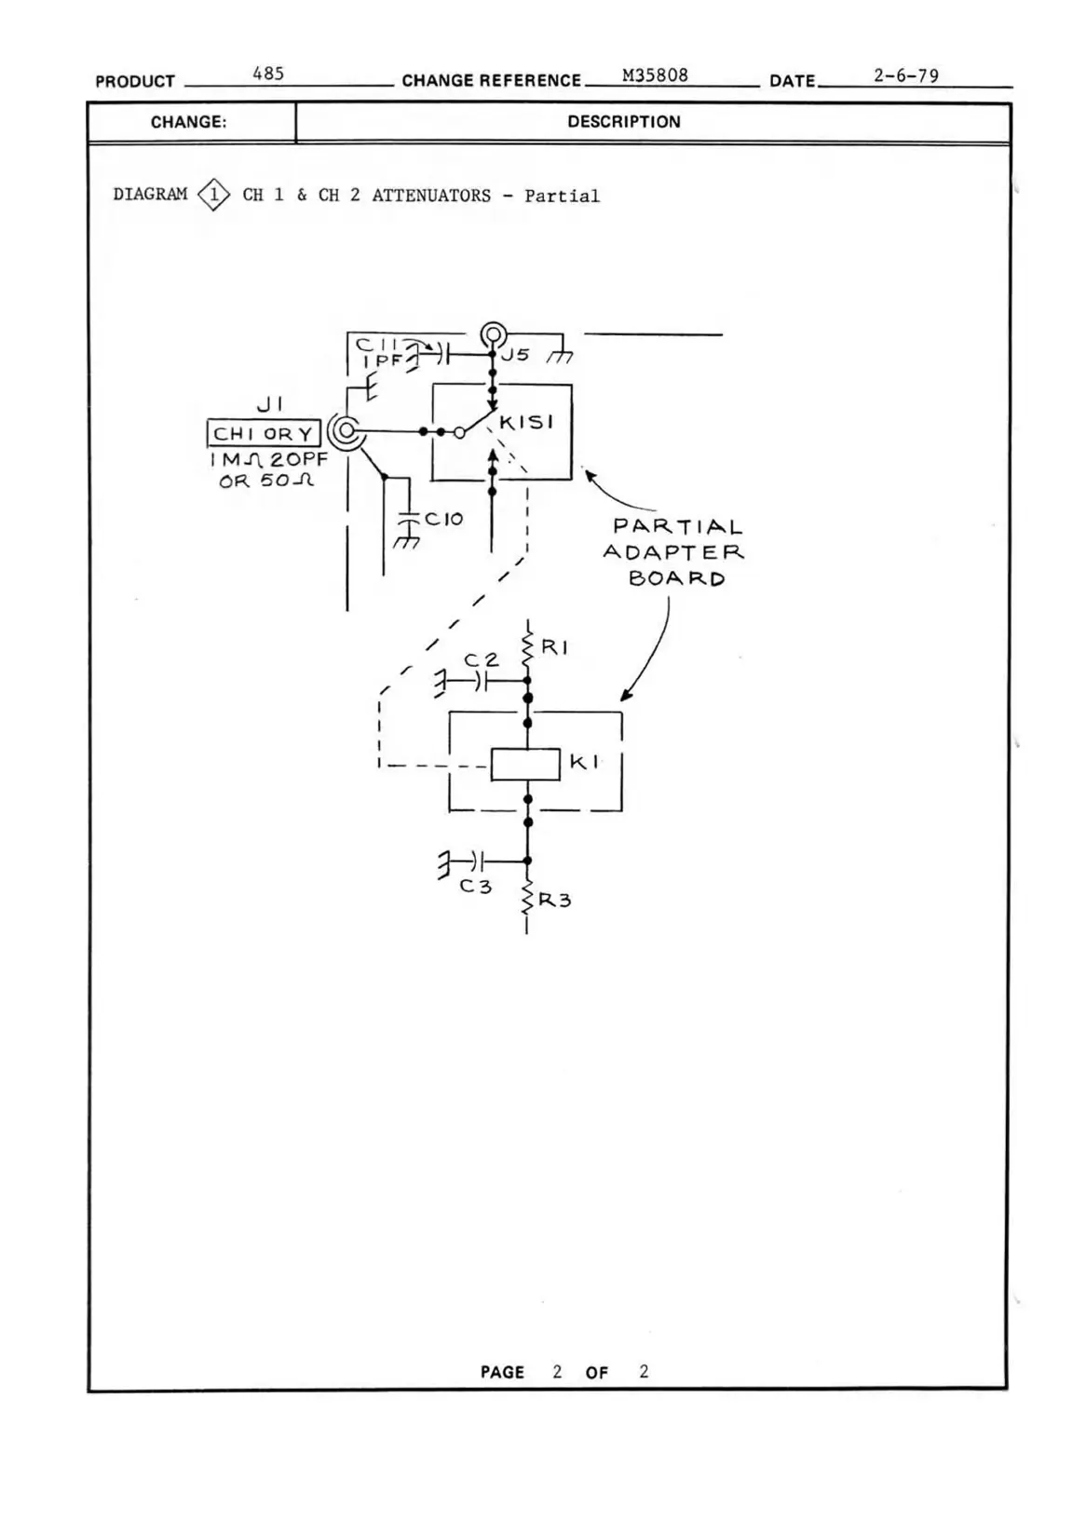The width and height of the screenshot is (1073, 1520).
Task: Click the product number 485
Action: coord(268,74)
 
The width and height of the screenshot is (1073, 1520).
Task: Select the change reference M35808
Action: coord(655,75)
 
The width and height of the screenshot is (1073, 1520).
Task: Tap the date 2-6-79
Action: coord(905,75)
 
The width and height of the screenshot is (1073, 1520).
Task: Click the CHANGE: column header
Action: coord(189,122)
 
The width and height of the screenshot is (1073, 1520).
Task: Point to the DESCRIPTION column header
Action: coord(624,122)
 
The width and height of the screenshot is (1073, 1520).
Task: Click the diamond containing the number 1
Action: coord(214,195)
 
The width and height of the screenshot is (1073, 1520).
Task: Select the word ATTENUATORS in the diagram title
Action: coord(431,196)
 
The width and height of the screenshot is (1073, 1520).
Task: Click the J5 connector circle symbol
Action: coord(494,334)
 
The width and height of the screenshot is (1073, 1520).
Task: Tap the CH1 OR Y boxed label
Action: coord(264,434)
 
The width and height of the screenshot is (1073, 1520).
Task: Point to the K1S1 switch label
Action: coord(526,423)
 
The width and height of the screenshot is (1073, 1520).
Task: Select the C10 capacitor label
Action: coord(443,519)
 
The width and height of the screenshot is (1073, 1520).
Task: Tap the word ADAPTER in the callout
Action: coord(673,552)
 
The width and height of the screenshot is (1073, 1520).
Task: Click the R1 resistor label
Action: coord(554,647)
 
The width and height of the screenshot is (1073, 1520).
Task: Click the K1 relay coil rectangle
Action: coord(525,765)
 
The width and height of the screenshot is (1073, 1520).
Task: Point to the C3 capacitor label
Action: coord(475,887)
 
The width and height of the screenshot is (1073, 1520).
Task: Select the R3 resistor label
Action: coord(554,901)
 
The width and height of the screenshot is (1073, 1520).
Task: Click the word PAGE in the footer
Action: coord(502,1372)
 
